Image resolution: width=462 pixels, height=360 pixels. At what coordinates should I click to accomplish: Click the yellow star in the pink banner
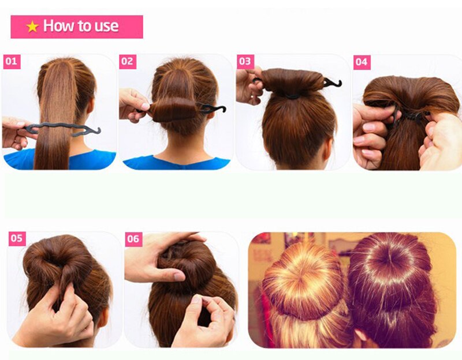click(x=32, y=27)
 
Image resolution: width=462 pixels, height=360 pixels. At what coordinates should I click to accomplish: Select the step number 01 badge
click(x=12, y=61)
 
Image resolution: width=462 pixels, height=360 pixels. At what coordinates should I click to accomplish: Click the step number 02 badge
click(x=128, y=61)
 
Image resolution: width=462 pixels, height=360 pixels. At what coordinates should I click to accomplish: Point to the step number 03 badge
click(x=245, y=61)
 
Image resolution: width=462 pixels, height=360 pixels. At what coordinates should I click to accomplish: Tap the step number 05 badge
click(x=17, y=238)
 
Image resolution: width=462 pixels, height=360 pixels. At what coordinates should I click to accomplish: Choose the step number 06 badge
click(x=133, y=238)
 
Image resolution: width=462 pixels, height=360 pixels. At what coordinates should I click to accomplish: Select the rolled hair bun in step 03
click(x=292, y=82)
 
